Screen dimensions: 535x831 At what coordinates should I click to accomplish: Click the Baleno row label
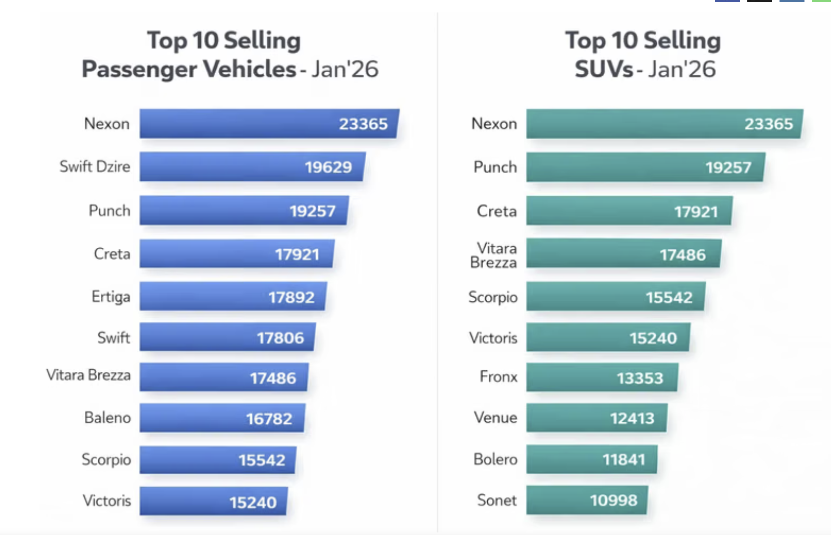(x=108, y=418)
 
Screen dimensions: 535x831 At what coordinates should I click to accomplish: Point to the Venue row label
(x=496, y=418)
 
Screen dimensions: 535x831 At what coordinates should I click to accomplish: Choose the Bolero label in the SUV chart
(x=496, y=459)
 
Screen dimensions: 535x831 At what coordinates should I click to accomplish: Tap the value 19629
(x=328, y=167)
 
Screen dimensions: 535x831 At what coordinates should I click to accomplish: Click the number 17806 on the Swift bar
(x=280, y=338)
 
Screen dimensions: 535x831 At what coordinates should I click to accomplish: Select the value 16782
(x=269, y=419)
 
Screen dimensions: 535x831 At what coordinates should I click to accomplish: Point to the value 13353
(x=640, y=378)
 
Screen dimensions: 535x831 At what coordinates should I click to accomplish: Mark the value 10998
(x=614, y=500)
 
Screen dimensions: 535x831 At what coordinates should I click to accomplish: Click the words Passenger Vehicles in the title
(x=189, y=69)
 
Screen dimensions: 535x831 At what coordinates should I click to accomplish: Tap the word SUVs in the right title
(x=604, y=69)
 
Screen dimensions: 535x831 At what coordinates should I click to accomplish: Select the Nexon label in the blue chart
(x=107, y=124)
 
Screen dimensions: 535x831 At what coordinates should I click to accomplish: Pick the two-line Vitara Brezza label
(x=494, y=255)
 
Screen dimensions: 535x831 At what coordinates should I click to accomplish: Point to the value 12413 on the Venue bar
(x=632, y=418)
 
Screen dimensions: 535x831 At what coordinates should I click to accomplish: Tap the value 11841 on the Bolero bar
(x=624, y=460)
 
